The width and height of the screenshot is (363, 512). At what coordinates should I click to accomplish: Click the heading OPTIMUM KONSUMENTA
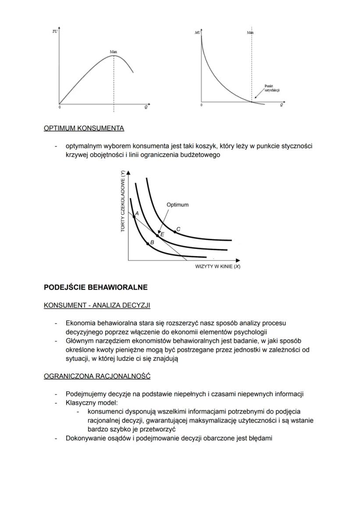tap(84, 128)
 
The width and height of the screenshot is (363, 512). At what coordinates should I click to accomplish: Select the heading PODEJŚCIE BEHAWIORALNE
tap(96, 288)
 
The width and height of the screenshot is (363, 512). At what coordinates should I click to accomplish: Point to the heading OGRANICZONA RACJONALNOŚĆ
tap(97, 376)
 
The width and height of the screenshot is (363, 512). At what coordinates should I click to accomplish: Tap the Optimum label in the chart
tap(178, 205)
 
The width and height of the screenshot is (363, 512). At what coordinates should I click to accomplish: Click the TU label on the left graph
tap(54, 32)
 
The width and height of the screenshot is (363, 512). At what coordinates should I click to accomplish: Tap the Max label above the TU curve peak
tap(114, 52)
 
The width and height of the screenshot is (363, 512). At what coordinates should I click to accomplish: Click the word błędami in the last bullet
tap(260, 438)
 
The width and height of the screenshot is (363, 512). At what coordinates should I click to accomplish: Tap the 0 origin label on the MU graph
tap(201, 106)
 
